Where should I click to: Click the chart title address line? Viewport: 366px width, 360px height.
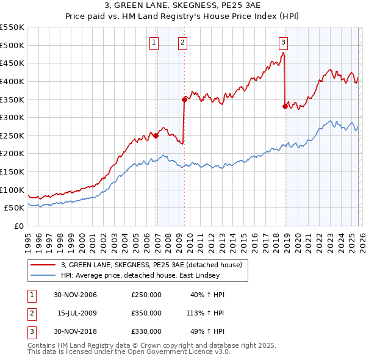point(182,6)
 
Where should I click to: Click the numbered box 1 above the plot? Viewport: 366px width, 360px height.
point(154,43)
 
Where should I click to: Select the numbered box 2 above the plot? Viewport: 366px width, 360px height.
point(183,43)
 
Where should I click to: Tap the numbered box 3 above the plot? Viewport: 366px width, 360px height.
point(284,43)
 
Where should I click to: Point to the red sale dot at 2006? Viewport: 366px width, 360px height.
point(156,135)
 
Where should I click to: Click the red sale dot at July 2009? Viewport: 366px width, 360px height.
point(184,99)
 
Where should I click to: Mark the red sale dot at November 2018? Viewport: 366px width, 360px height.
point(285,106)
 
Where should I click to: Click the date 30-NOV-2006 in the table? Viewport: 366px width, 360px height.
point(76,295)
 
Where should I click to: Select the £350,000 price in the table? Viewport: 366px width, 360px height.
point(146,313)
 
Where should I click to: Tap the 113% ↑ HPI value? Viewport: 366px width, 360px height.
point(206,313)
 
